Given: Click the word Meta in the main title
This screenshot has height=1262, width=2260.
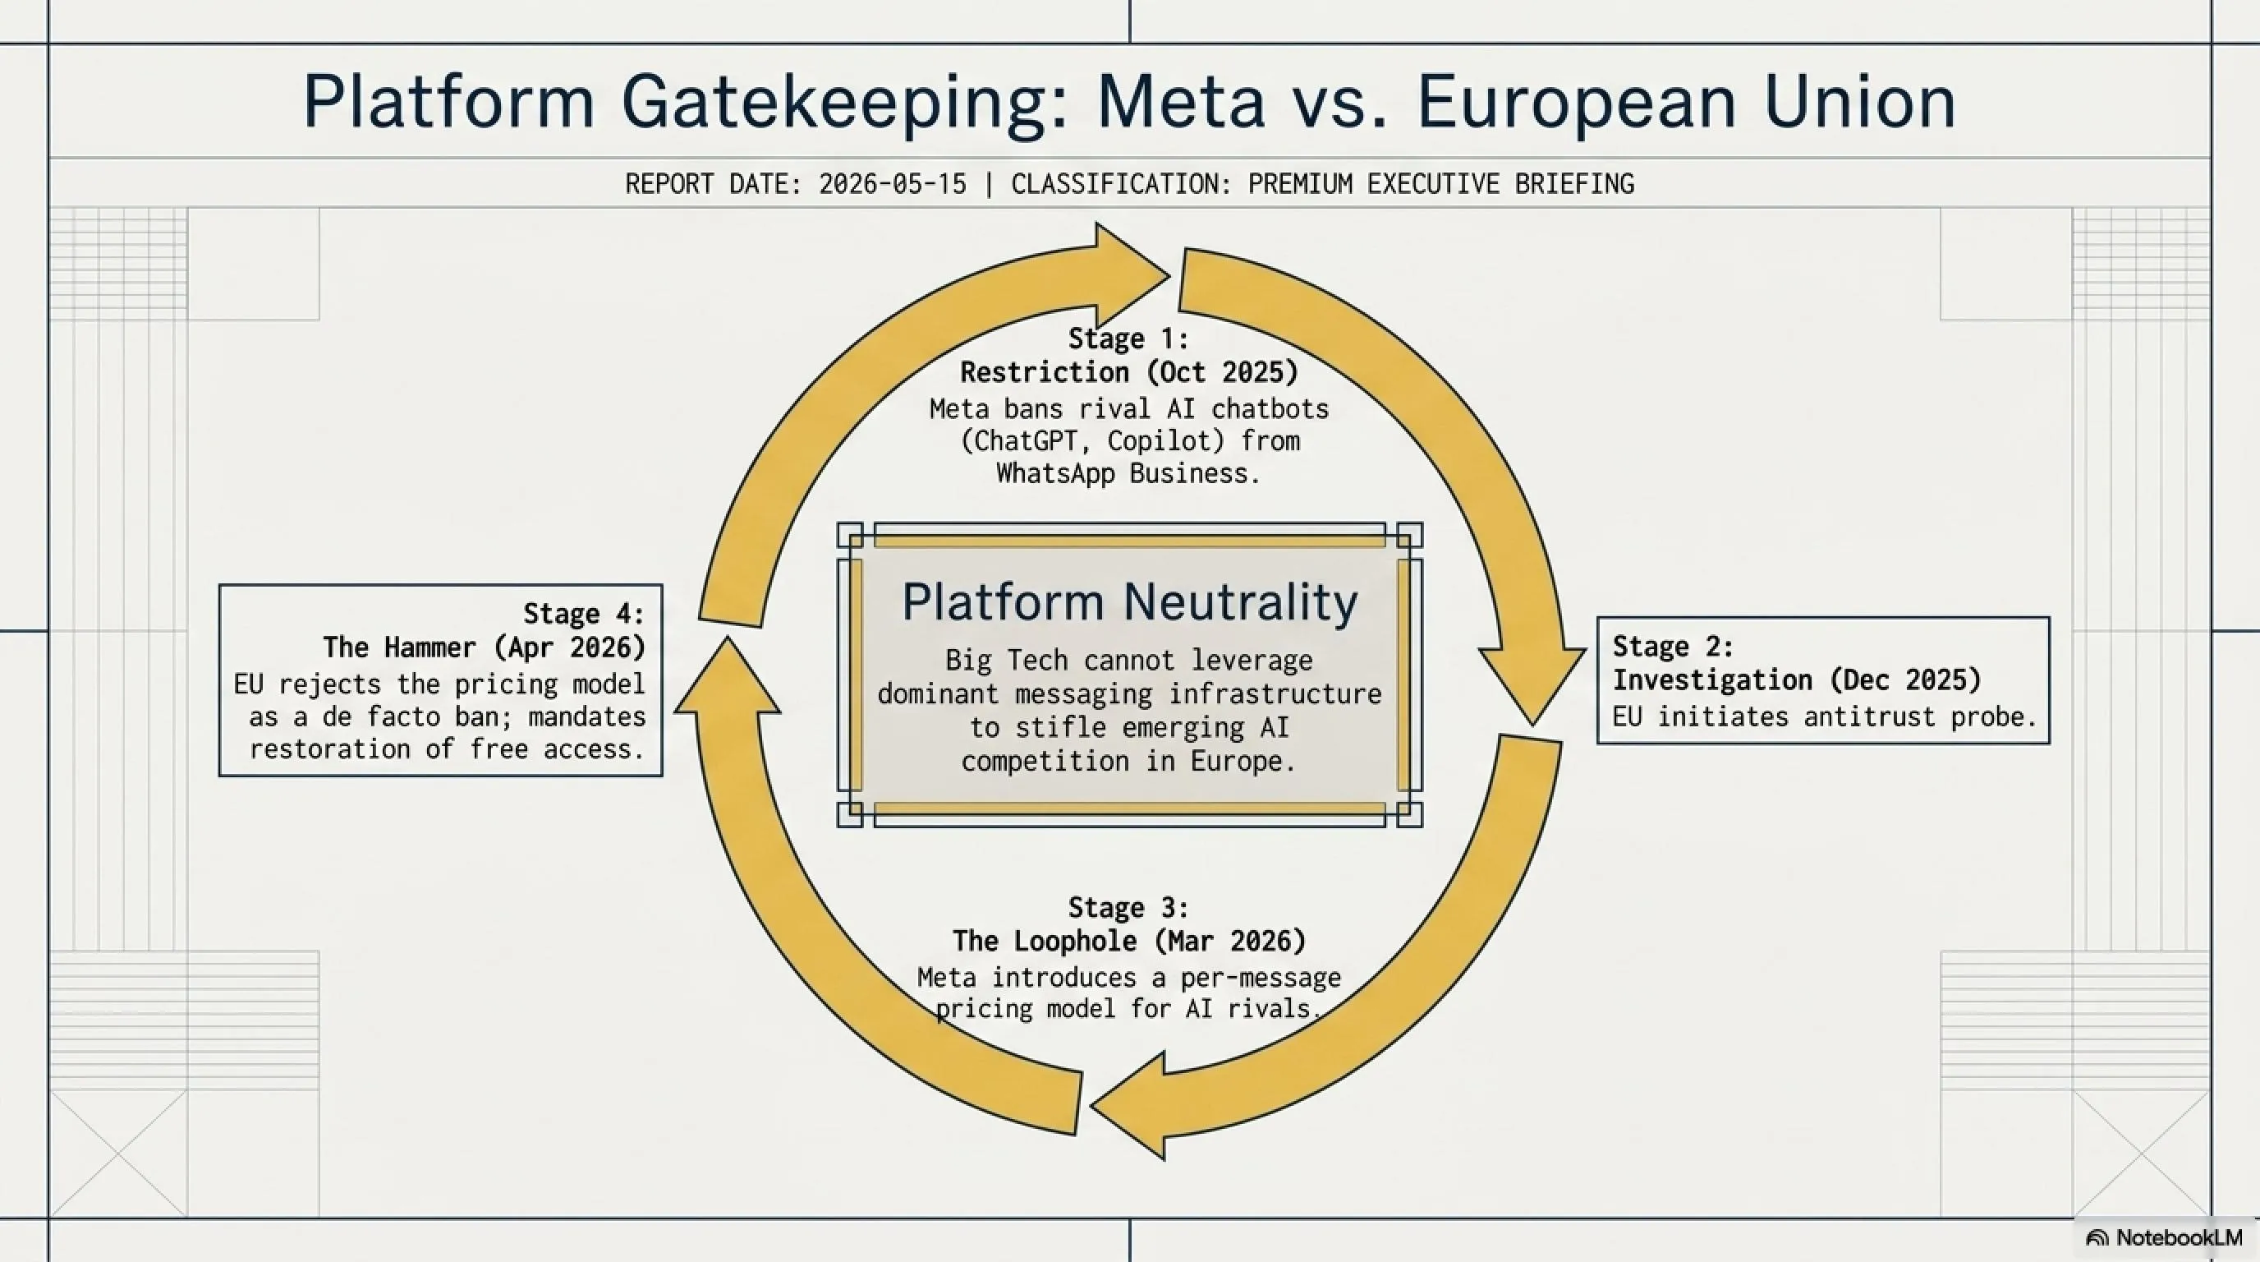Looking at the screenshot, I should point(1181,102).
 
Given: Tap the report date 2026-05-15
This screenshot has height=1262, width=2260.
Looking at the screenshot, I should point(892,184).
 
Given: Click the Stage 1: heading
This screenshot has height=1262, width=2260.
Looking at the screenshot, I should point(1128,339).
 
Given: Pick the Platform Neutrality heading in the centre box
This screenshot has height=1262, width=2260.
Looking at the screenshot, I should point(1130,602).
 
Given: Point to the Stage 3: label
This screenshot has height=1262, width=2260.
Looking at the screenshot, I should point(1128,906).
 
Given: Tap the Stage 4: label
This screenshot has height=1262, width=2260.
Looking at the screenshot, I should point(583,614).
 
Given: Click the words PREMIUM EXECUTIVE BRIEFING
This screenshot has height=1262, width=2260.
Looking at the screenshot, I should point(1440,184).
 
